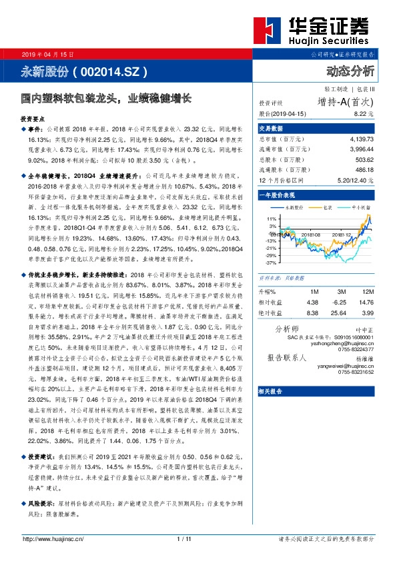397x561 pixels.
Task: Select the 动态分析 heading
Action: coord(350,71)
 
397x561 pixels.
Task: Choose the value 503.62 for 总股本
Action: coord(358,161)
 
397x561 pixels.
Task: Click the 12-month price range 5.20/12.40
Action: coord(349,180)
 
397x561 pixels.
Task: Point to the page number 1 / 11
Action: coord(184,538)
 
